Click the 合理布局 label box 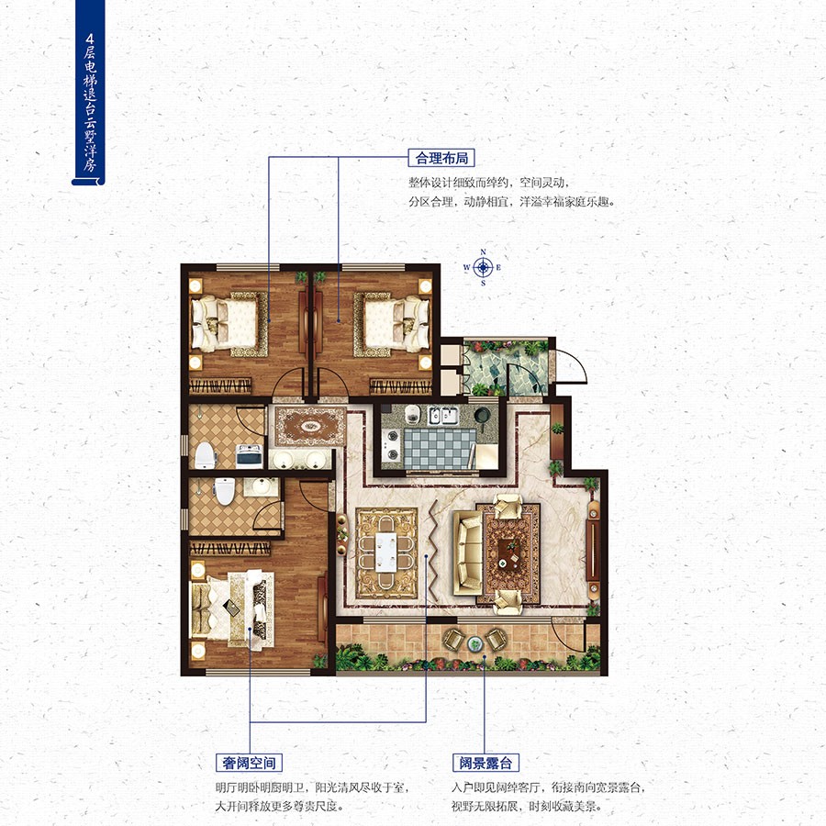(x=441, y=158)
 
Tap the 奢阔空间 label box (x=249, y=763)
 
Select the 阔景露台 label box (x=486, y=763)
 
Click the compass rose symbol (x=483, y=268)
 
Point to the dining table (x=386, y=553)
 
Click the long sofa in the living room (x=468, y=553)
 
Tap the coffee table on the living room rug (x=508, y=553)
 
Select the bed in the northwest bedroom (x=225, y=323)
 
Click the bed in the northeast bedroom (x=392, y=322)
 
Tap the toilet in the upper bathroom (x=205, y=455)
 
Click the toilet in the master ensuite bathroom (x=225, y=490)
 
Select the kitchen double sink (x=443, y=415)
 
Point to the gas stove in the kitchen (x=391, y=444)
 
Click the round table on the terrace (x=475, y=642)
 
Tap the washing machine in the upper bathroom (x=249, y=455)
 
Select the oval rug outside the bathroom (x=309, y=426)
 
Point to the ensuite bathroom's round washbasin (x=262, y=486)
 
